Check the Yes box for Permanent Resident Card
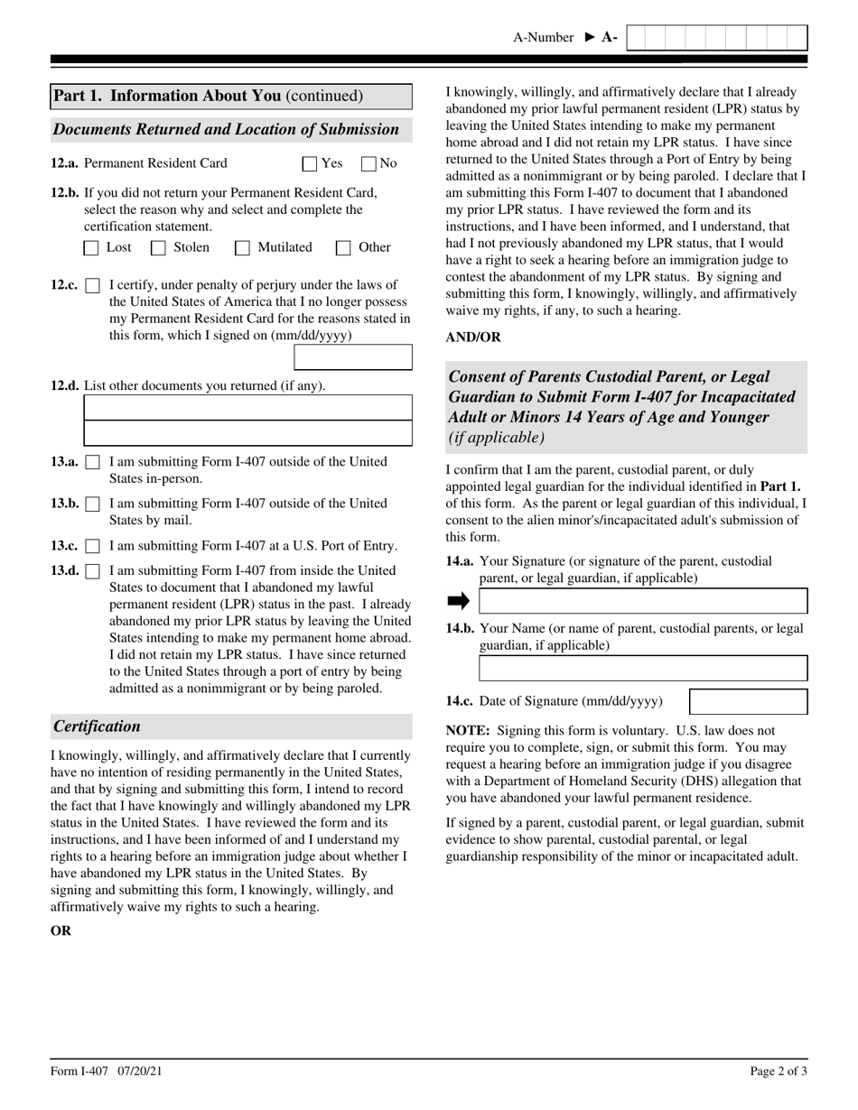(310, 164)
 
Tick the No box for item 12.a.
(368, 164)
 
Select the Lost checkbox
(91, 248)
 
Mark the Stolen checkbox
(158, 248)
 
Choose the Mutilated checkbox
(242, 248)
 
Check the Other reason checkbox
(343, 248)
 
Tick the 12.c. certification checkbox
(92, 286)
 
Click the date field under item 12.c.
(353, 357)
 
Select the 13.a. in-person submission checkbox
(92, 463)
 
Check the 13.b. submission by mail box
(92, 504)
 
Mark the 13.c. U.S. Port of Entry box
(92, 547)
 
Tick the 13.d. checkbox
(92, 571)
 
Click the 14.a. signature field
(642, 601)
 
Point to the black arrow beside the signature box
(459, 601)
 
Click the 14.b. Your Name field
(642, 668)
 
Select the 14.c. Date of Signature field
(748, 702)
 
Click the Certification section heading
(98, 726)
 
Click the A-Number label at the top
(543, 38)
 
